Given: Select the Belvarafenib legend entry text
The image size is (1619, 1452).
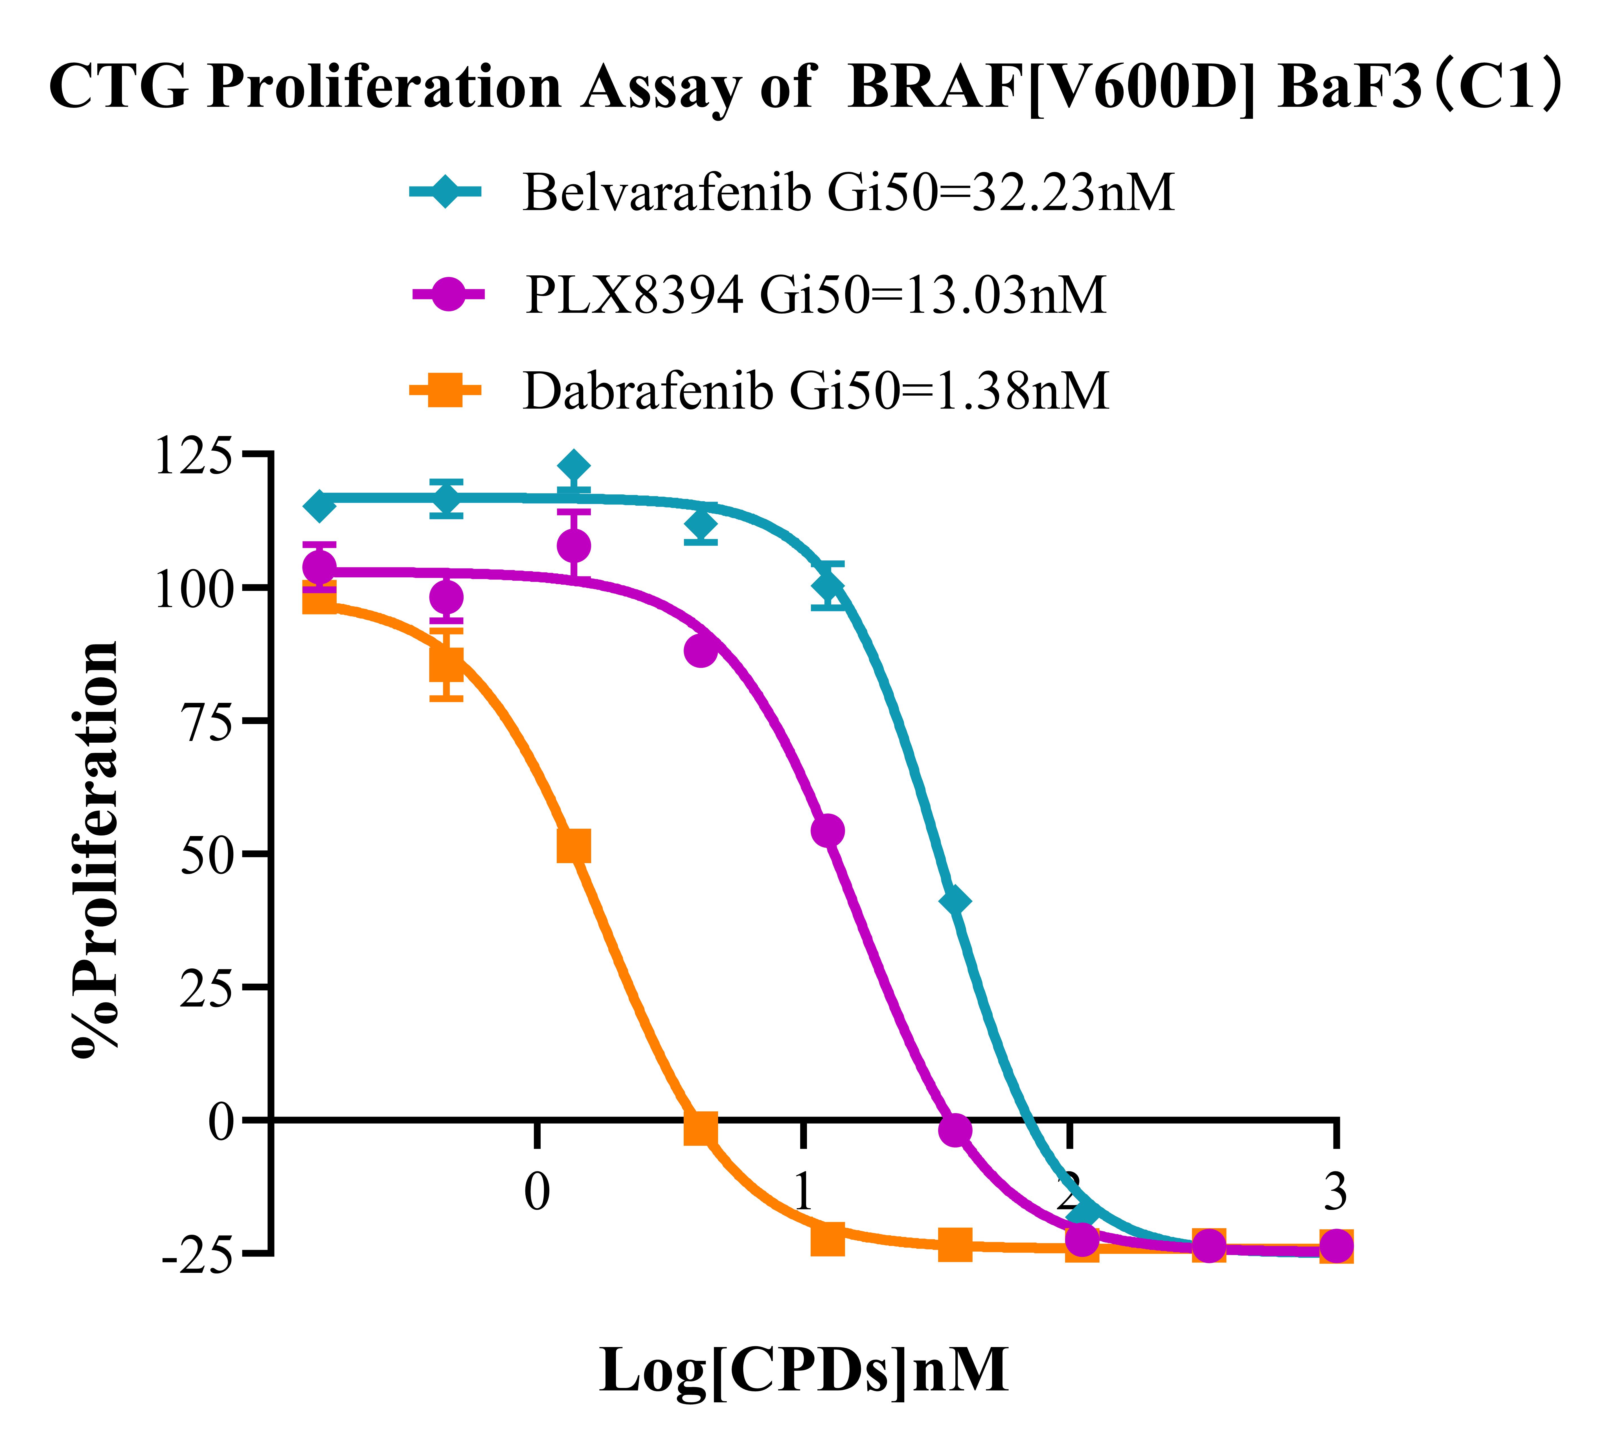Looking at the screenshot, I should (848, 192).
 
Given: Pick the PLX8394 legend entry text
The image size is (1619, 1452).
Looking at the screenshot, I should (815, 295).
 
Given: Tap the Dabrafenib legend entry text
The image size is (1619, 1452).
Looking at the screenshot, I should (815, 391).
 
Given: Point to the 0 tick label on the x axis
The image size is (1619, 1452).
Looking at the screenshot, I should (537, 1193).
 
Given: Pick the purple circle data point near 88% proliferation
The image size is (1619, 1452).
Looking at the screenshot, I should (701, 651).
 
